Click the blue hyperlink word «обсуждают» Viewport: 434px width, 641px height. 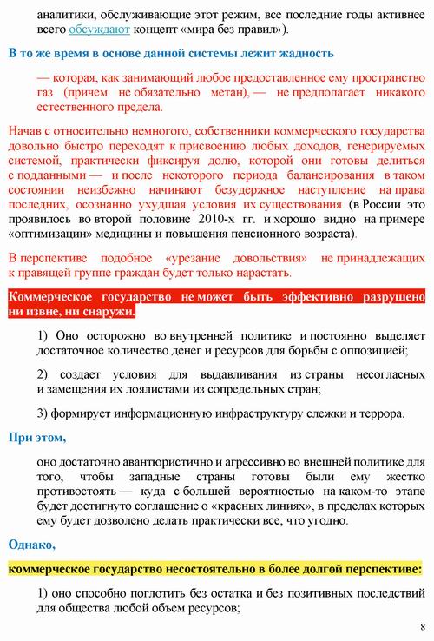pyautogui.click(x=106, y=30)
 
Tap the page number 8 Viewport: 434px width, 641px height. pyautogui.click(x=422, y=626)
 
